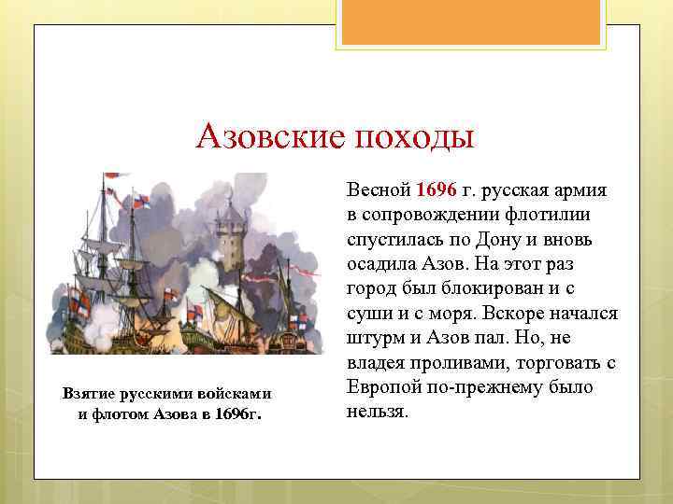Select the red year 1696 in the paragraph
437,190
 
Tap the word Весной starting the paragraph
379,190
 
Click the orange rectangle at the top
472,22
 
